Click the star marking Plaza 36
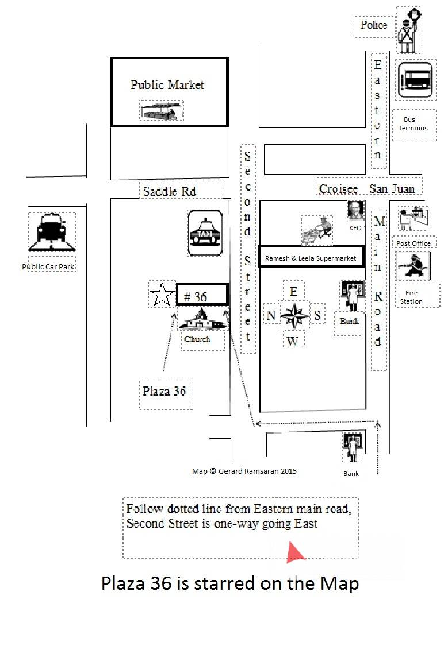coord(162,295)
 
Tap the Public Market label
coord(167,85)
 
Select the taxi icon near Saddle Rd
coord(205,233)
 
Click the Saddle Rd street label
coord(169,191)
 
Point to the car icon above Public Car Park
coord(51,231)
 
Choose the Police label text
coord(373,25)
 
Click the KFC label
coord(355,228)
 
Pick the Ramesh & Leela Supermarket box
coord(311,258)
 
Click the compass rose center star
coord(294,315)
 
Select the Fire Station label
coord(411,297)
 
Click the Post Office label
coord(413,243)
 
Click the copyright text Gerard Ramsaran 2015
coord(244,471)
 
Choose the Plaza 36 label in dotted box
coord(164,391)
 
